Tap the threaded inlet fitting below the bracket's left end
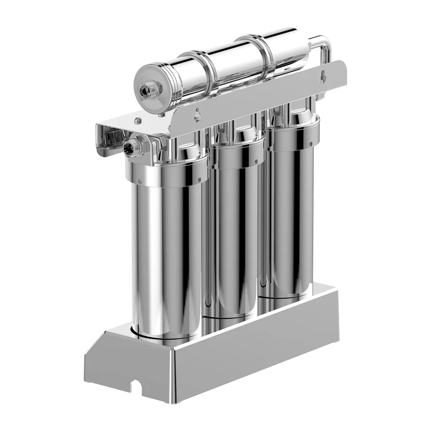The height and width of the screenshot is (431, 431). pyautogui.click(x=134, y=146)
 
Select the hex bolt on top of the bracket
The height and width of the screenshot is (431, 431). pyautogui.click(x=138, y=120)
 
